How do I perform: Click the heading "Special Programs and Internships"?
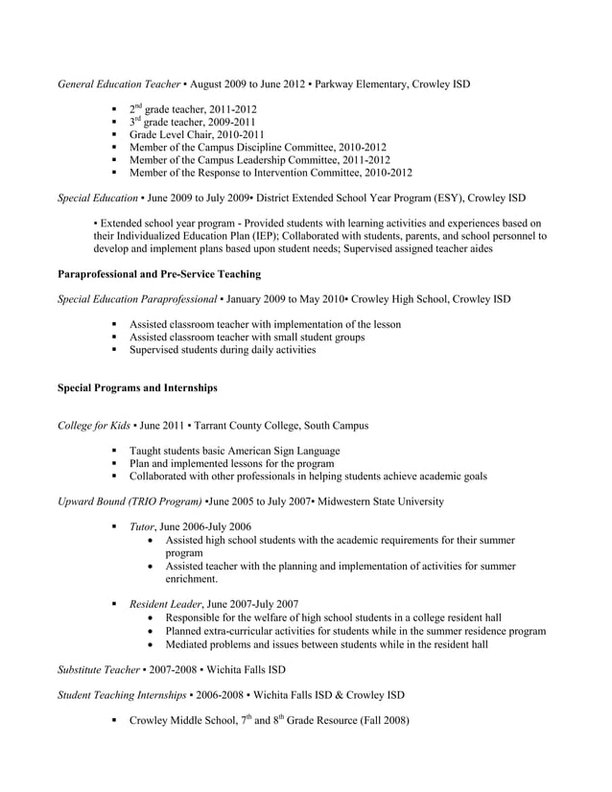(137, 388)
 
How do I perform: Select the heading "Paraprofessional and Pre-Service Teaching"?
(159, 273)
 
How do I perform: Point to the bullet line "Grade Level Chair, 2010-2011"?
(197, 135)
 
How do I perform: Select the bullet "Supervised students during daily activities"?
(223, 350)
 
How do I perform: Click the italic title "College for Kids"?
(96, 425)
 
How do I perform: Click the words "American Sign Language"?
(277, 451)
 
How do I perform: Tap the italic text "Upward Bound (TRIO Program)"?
(129, 501)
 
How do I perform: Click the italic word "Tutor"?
(142, 526)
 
